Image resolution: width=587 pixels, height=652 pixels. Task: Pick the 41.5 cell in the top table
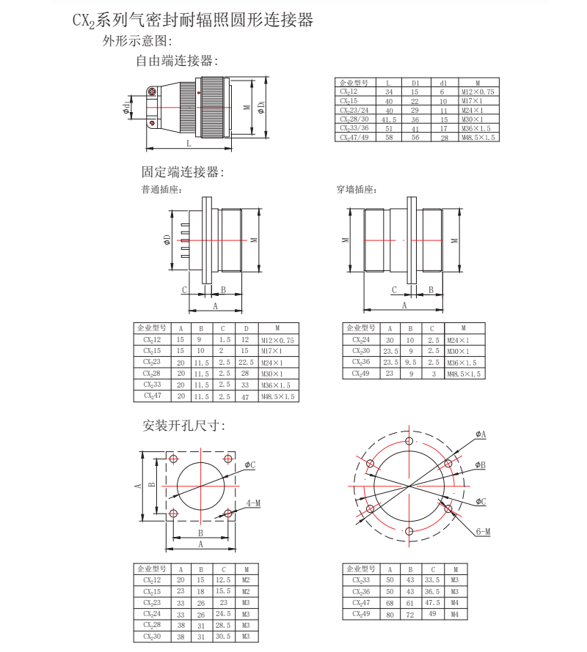click(389, 119)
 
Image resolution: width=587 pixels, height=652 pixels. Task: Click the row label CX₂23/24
click(354, 110)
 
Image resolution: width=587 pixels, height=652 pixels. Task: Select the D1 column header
click(415, 84)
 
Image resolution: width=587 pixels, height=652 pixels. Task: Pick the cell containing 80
click(389, 614)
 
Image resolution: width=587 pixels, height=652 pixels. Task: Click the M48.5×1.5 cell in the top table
click(478, 137)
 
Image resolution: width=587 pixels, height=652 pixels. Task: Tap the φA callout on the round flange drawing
click(481, 434)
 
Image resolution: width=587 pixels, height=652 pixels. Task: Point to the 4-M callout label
click(254, 503)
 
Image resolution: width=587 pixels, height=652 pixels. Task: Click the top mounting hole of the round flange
click(409, 441)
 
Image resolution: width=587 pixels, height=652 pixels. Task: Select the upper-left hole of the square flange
click(173, 459)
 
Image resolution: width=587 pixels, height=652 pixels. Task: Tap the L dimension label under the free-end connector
click(189, 142)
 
